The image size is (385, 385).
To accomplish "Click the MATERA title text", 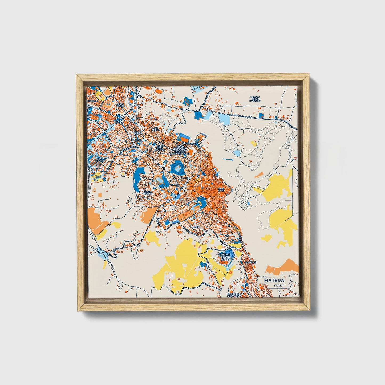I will (x=274, y=281).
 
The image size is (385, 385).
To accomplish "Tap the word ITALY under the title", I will (x=279, y=285).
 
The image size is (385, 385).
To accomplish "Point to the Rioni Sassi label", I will (x=221, y=189).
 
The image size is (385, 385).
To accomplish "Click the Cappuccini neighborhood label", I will (x=250, y=262).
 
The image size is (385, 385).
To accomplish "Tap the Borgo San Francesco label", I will (x=234, y=295).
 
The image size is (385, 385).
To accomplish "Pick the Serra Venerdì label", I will (x=147, y=192).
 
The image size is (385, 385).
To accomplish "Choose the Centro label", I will (x=175, y=185).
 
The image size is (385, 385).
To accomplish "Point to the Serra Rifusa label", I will (x=120, y=105).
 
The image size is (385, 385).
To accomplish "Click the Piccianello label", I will (x=188, y=143).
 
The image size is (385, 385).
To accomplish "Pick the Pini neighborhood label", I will (x=227, y=236).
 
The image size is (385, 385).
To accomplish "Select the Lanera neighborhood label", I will (x=194, y=227).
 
